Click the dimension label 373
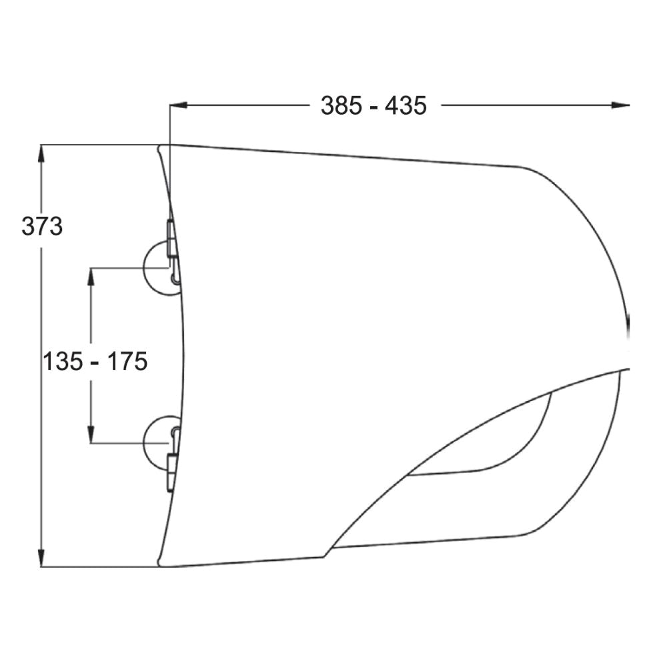42,226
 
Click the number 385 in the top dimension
341,105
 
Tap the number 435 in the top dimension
406,105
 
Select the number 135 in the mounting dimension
63,362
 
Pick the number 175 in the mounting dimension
127,362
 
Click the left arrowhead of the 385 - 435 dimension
179,105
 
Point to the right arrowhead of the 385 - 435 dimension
620,105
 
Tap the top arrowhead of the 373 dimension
41,153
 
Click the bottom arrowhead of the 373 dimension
41,558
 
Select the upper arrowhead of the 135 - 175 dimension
91,277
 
